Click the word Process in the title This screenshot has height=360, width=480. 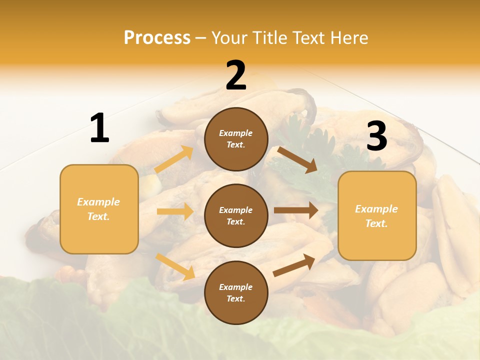pos(157,38)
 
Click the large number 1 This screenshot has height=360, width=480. pos(99,128)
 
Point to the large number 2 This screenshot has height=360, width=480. pos(236,76)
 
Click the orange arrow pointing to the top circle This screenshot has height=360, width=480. pos(174,159)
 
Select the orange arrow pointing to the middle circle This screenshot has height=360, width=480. pos(175,211)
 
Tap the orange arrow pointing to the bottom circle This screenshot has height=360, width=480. pos(175,266)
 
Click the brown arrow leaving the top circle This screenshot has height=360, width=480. pos(297,159)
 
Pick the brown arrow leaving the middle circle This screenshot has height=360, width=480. pos(295,210)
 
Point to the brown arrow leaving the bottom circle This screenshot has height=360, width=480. pos(294,265)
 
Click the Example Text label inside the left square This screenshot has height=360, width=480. pos(98,209)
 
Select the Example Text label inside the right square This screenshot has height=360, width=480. pos(376,216)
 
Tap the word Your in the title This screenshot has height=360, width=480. pos(229,38)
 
